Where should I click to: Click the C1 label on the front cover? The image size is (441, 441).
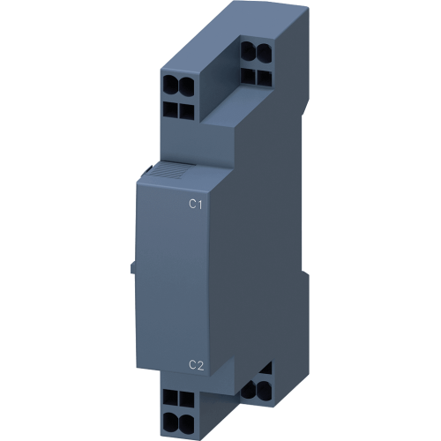pos(195,204)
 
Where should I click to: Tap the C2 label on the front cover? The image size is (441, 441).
pos(196,365)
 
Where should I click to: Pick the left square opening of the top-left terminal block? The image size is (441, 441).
pos(170,109)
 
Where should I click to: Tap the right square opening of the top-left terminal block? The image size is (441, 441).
pos(187,109)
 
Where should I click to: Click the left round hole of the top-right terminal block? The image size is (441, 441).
pos(249,50)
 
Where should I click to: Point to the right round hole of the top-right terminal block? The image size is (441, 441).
pos(264,50)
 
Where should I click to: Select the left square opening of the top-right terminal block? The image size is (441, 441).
pos(248,76)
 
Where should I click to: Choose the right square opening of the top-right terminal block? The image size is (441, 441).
pos(264,76)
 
